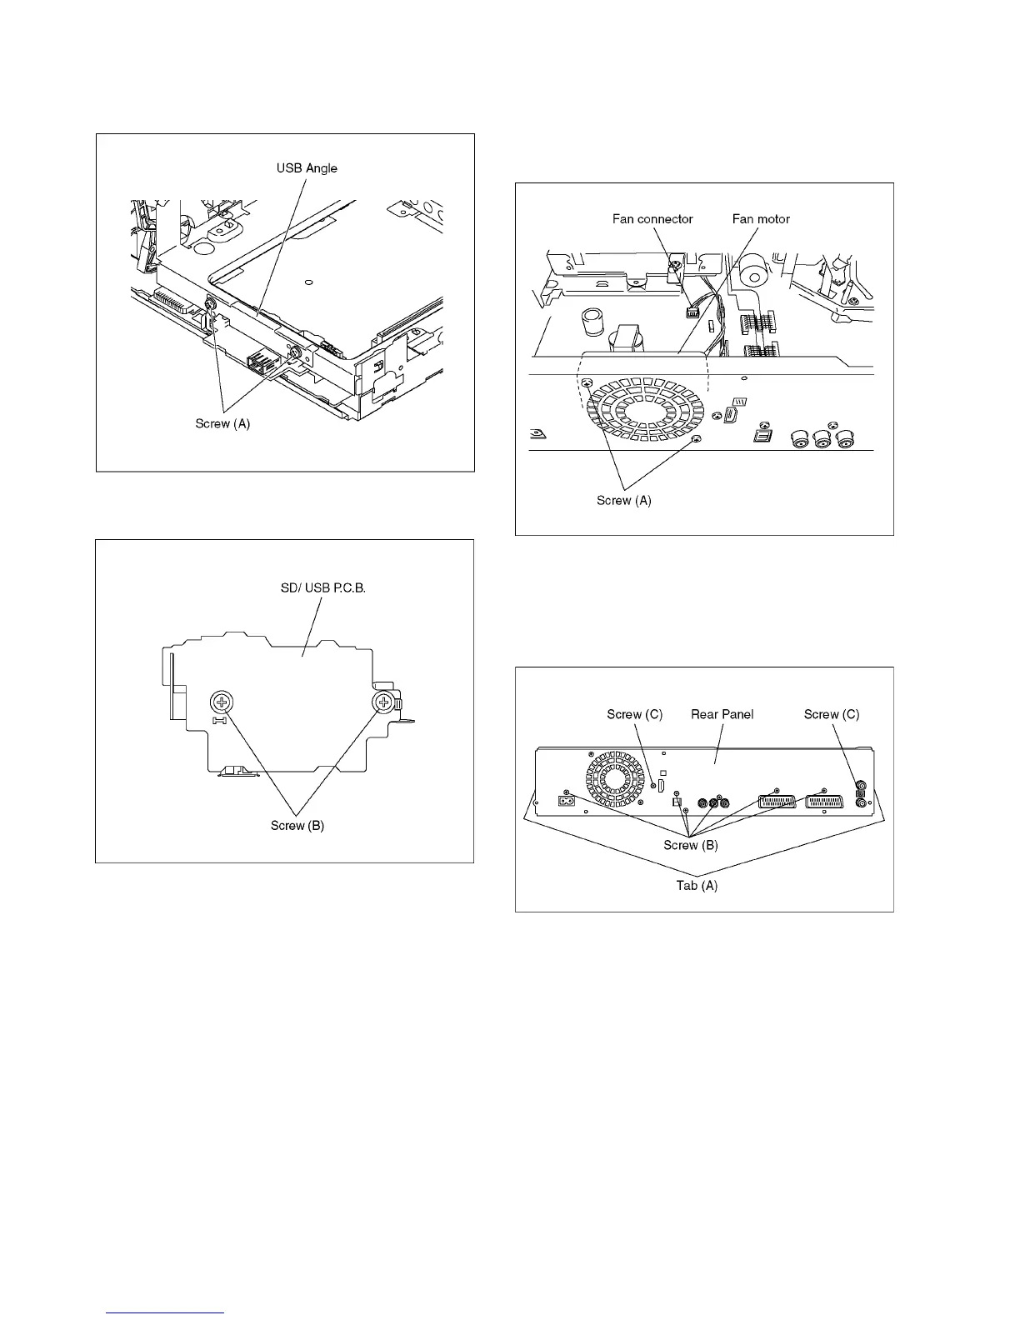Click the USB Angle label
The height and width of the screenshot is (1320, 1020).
307,168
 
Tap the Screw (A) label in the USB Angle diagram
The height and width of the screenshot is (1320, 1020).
222,423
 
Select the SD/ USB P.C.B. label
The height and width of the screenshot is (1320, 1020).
323,588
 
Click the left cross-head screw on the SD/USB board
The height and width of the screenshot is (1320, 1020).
222,702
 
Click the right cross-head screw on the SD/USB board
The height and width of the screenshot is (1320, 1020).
383,702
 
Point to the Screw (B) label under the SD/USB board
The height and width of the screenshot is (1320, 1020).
297,826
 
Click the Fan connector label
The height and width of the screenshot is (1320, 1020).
652,219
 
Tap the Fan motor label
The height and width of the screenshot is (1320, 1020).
761,219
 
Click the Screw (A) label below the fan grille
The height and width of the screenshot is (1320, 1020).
624,501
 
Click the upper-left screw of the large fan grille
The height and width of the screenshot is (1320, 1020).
587,382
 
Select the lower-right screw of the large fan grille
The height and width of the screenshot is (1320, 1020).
697,438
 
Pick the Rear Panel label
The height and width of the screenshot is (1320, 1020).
722,714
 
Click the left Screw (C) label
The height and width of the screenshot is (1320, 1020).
635,714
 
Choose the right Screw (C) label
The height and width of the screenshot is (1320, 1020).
832,714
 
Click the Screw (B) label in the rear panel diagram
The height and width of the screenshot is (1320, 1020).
691,845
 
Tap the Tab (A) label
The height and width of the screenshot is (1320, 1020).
697,886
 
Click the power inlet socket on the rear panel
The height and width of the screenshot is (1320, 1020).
564,803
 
